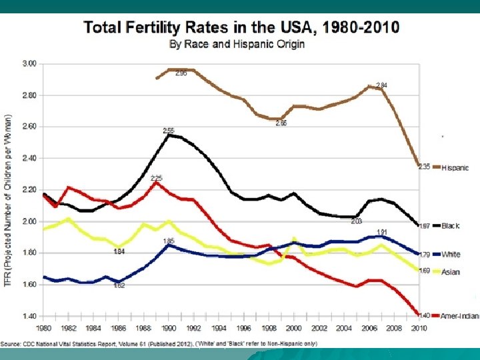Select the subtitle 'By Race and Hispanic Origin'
(x=237, y=45)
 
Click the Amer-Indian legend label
(x=459, y=315)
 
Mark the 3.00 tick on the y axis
(x=29, y=64)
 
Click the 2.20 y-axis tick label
(x=29, y=190)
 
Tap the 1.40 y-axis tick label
(x=29, y=316)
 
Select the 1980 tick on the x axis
(x=43, y=328)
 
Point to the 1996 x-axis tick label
(x=243, y=328)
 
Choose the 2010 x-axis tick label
(x=419, y=328)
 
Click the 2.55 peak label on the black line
(x=169, y=130)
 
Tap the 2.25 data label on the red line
(x=157, y=178)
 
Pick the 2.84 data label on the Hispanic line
(x=381, y=85)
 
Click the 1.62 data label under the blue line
(x=119, y=285)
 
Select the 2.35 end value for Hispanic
(x=424, y=167)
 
